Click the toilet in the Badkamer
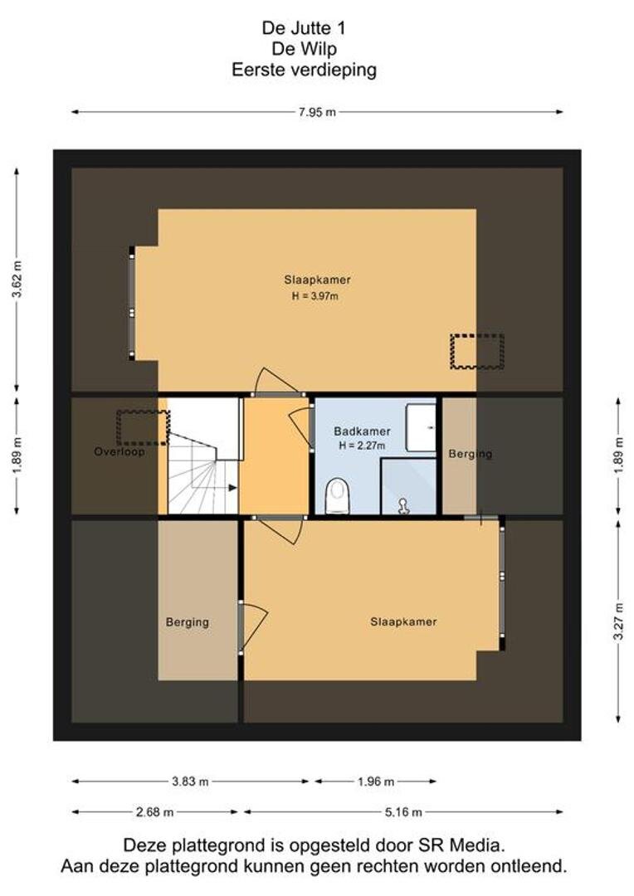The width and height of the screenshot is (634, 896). [337, 495]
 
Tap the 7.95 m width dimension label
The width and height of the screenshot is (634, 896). [317, 112]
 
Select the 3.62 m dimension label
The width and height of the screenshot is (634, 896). [17, 280]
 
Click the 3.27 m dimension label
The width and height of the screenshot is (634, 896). [618, 621]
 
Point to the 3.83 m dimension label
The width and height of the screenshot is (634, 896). [190, 782]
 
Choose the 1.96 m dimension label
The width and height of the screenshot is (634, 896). [376, 782]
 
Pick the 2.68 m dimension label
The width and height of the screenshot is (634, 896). [154, 811]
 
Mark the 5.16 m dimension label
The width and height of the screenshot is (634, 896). [403, 811]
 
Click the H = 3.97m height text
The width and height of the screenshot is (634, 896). [315, 296]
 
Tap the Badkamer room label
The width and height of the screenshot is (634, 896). [363, 431]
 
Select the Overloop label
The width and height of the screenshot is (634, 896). [119, 451]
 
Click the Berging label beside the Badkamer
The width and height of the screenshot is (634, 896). [471, 454]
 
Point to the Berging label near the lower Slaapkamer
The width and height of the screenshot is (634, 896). [188, 621]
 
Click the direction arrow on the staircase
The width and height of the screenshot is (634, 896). [232, 488]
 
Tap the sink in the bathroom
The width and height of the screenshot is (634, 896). [422, 427]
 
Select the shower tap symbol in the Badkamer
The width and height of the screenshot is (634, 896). [403, 505]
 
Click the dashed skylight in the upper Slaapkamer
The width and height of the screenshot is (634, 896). [477, 352]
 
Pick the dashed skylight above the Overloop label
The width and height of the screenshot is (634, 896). [143, 428]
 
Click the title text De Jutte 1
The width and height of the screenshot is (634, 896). [304, 27]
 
